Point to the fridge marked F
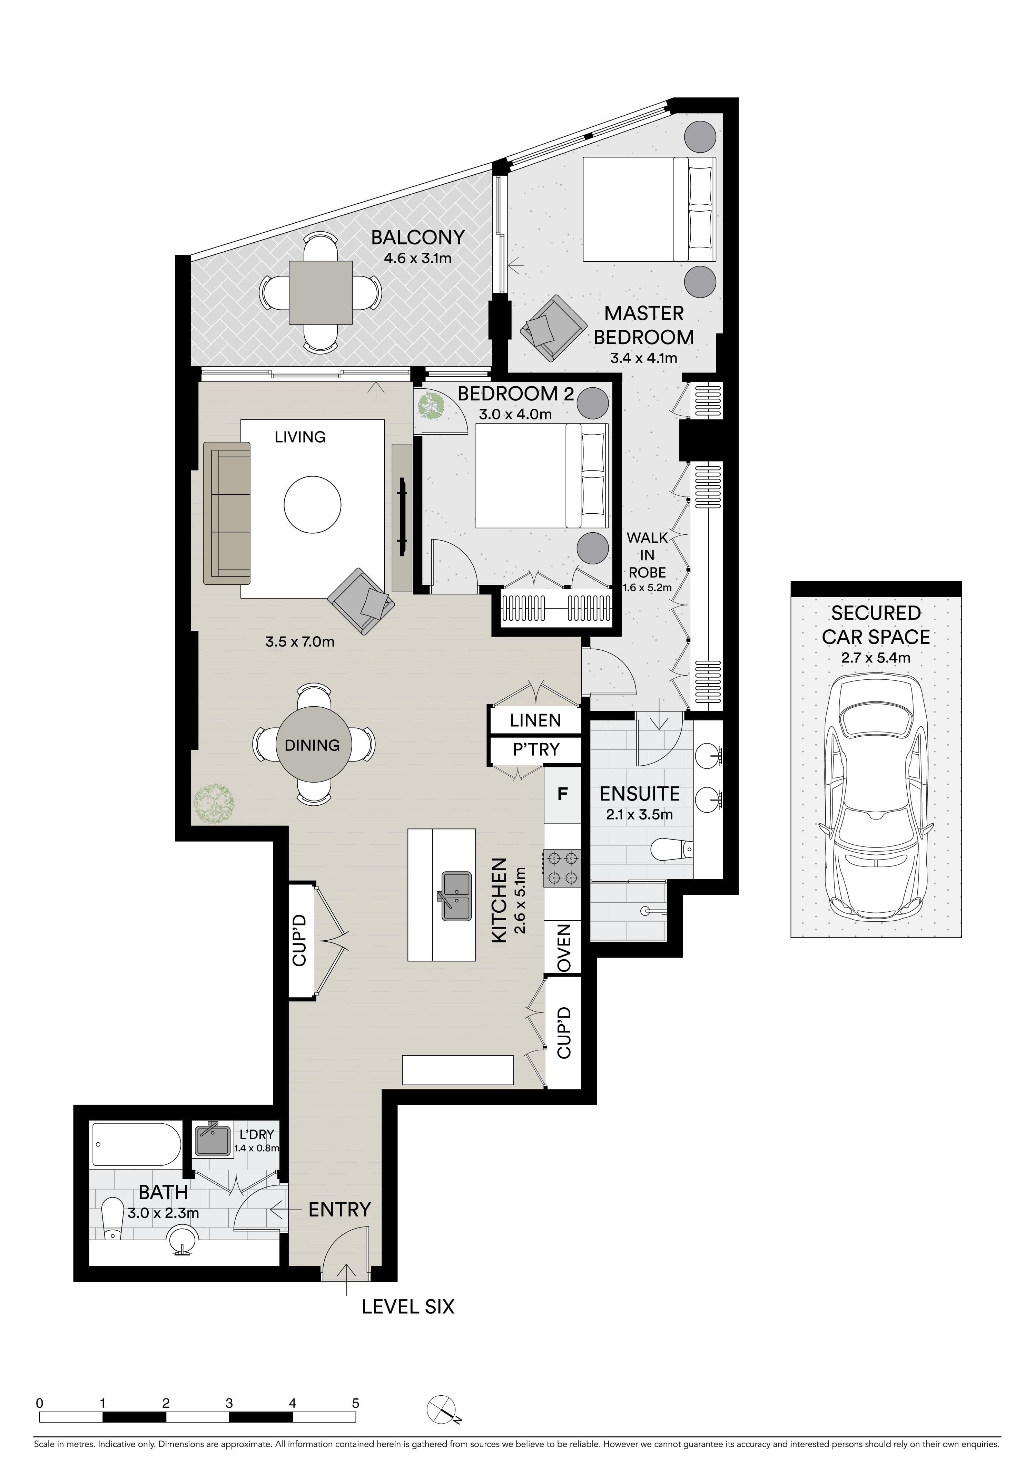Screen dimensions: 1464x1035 click(x=562, y=795)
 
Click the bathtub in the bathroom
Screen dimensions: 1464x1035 click(x=135, y=1145)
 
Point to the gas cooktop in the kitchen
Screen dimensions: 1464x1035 click(x=562, y=868)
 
